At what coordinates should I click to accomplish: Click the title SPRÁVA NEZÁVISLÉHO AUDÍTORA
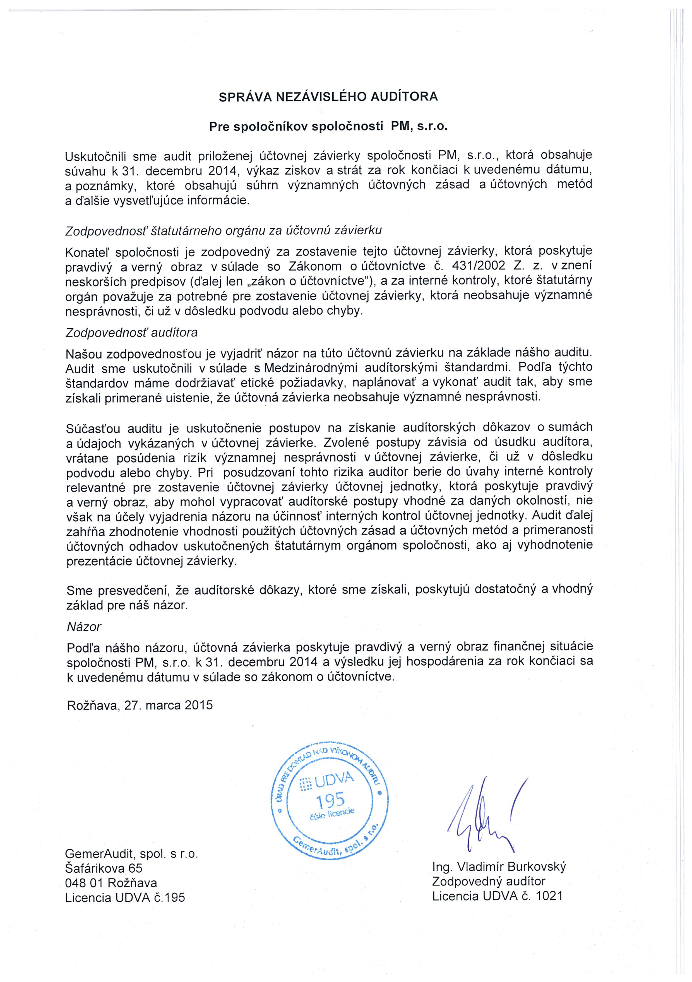click(328, 97)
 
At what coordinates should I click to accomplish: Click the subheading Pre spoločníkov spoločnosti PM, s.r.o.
click(328, 127)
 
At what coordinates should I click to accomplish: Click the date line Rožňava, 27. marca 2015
click(140, 705)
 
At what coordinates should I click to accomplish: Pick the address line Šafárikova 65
click(104, 868)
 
